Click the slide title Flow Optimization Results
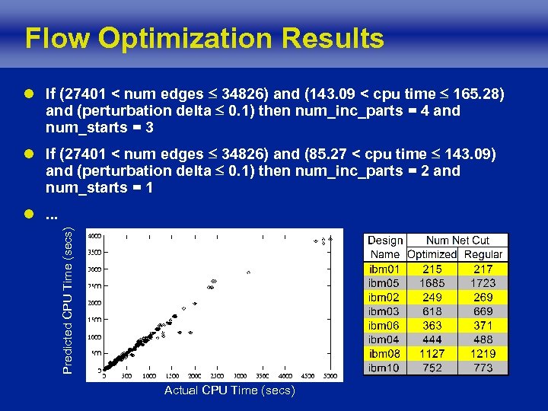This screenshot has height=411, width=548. [x=204, y=38]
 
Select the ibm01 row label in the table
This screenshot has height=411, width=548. [x=384, y=269]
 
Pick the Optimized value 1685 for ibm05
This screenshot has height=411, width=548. [x=432, y=283]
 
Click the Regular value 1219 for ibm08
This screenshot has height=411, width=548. [x=483, y=354]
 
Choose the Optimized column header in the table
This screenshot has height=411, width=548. [x=432, y=255]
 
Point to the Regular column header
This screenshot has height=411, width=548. [x=483, y=255]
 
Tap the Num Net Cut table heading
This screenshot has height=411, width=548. [x=457, y=241]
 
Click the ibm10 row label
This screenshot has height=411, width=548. [x=384, y=368]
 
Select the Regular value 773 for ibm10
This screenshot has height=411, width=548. [x=483, y=368]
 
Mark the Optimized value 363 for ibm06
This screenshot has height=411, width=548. [x=432, y=326]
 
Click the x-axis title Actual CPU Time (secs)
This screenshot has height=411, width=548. [x=230, y=390]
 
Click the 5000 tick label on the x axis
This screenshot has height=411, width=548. [x=330, y=376]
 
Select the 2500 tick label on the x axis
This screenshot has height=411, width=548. [x=218, y=376]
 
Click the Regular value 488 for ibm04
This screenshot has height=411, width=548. [x=483, y=339]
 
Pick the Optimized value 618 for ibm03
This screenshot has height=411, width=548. [x=432, y=311]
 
